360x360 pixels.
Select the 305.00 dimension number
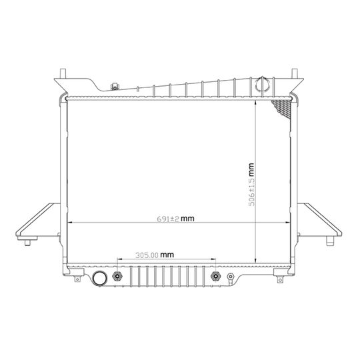147,255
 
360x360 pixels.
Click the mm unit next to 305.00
167,255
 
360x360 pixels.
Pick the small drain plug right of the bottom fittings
230,277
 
